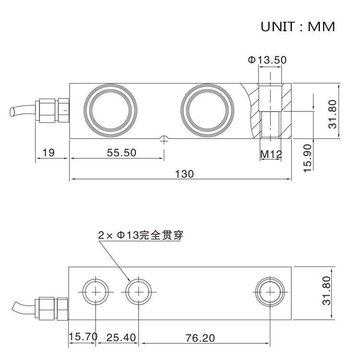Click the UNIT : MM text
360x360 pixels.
click(298, 26)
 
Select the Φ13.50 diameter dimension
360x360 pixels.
click(267, 60)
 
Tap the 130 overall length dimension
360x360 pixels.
click(184, 174)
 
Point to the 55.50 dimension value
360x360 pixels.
click(121, 153)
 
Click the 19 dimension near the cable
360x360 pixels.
click(48, 153)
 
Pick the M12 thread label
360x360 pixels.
click(271, 154)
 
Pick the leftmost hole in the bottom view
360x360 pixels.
click(96, 291)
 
